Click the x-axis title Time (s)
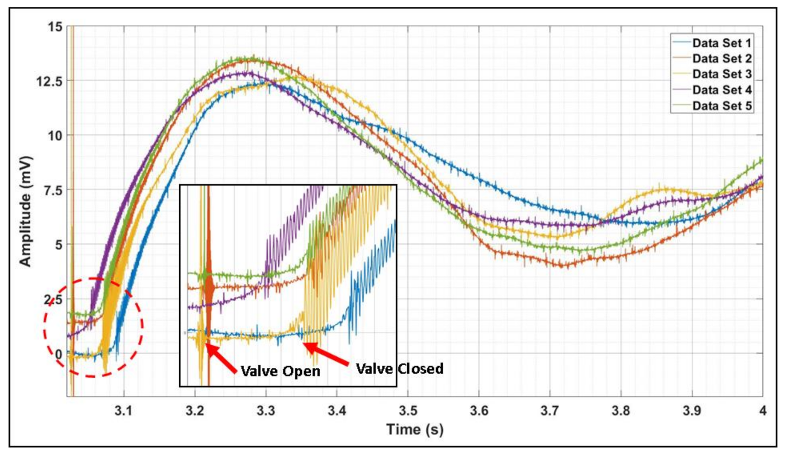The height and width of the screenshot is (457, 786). pyautogui.click(x=414, y=430)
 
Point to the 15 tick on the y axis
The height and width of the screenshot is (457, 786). pyautogui.click(x=55, y=27)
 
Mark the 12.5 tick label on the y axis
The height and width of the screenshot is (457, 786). pyautogui.click(x=49, y=81)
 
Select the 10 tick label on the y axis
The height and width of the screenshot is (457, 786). pyautogui.click(x=55, y=136)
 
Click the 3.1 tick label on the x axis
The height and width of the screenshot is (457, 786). pyautogui.click(x=124, y=410)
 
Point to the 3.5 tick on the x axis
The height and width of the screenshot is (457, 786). pyautogui.click(x=408, y=410)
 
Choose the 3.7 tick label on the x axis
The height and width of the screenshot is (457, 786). pyautogui.click(x=550, y=410)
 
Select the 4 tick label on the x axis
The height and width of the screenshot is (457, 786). pyautogui.click(x=762, y=410)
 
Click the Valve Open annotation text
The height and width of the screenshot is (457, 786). pyautogui.click(x=280, y=371)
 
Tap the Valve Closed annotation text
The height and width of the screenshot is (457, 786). pyautogui.click(x=399, y=369)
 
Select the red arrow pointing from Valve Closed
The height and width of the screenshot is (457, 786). pyautogui.click(x=326, y=354)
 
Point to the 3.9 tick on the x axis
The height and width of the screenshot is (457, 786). pyautogui.click(x=692, y=410)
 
